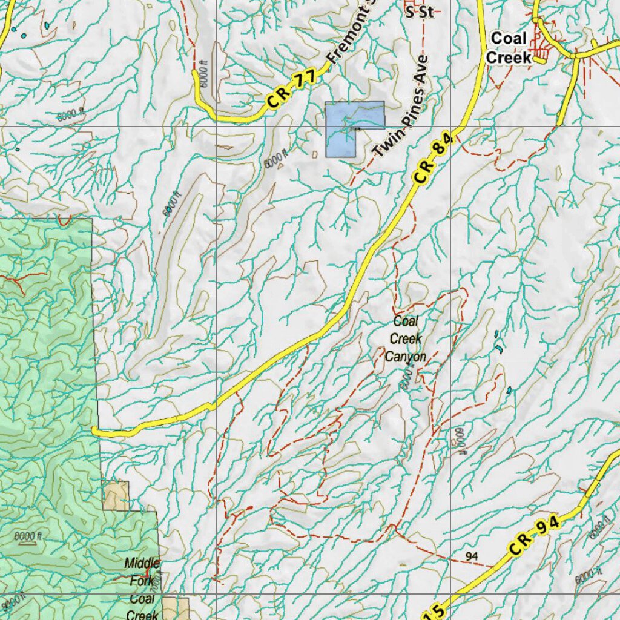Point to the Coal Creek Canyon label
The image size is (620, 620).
click(x=406, y=339)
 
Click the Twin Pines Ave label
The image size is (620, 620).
click(x=401, y=108)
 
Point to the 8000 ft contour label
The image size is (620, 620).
click(x=27, y=536)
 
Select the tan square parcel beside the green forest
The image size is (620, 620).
click(x=116, y=495)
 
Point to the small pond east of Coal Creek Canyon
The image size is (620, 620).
click(x=509, y=391)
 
